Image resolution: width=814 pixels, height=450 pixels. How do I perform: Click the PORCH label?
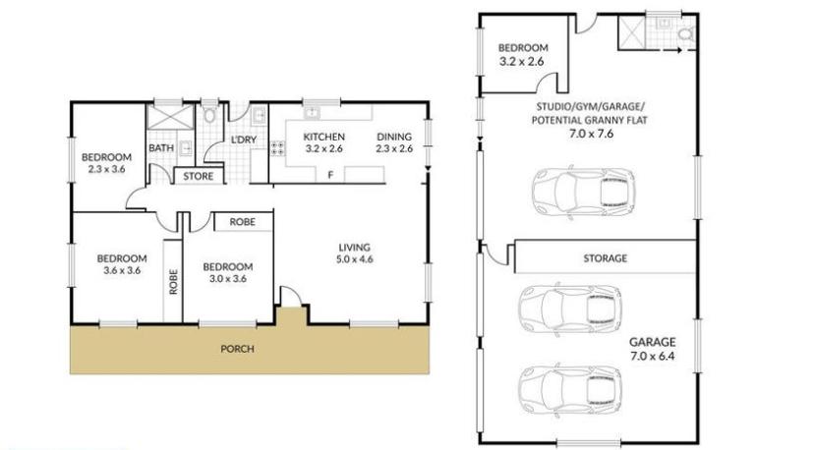[237, 349]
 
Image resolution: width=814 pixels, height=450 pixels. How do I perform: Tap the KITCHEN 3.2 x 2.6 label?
[324, 142]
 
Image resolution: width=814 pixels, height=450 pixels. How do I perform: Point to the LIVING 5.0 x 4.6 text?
[355, 253]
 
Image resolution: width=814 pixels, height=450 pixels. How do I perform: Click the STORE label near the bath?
[199, 177]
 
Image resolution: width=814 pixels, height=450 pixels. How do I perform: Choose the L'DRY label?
[244, 140]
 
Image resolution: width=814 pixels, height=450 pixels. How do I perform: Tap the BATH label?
[161, 148]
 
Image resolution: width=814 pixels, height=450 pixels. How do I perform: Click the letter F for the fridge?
[330, 176]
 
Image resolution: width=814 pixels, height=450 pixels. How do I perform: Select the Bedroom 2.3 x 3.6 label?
[106, 163]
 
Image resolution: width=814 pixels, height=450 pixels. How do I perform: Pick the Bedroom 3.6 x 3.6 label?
[122, 264]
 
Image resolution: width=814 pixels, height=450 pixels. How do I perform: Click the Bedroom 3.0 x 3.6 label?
[228, 272]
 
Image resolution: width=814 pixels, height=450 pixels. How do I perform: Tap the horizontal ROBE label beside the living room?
[243, 222]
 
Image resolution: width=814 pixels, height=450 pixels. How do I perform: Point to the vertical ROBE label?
[173, 281]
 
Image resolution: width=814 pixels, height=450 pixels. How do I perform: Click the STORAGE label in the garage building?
[605, 258]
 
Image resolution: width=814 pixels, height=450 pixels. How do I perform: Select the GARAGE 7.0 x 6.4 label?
[653, 349]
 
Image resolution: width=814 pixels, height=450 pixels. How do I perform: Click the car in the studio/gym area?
[584, 191]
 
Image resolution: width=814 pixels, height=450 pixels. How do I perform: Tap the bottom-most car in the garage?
[570, 388]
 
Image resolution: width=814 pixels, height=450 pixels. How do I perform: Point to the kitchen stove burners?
[277, 148]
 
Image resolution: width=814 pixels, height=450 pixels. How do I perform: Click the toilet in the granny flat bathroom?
[685, 34]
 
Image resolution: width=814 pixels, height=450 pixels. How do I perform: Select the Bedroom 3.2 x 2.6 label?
[523, 54]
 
